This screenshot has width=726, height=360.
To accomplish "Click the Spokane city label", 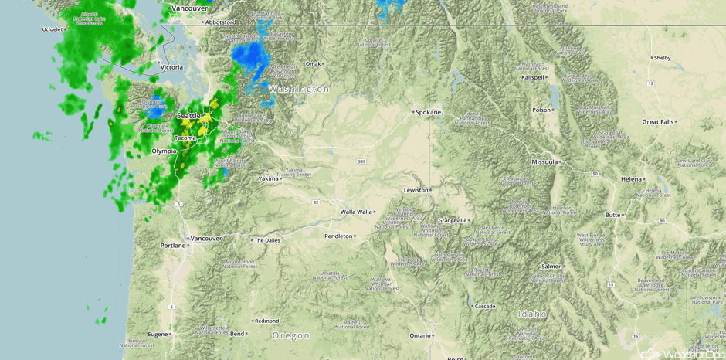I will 428,113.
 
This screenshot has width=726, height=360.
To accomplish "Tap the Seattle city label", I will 188,116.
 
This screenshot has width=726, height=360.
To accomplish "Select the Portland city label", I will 173,246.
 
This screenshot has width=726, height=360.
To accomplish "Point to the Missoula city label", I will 544,162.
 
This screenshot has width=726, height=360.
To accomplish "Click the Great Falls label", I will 658,122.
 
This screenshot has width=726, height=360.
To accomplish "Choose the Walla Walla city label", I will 357,212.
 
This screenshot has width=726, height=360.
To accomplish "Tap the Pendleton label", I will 338,236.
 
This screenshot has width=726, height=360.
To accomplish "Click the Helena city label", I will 631,179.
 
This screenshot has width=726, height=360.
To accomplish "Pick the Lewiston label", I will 416,190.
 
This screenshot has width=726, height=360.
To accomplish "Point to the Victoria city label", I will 171,68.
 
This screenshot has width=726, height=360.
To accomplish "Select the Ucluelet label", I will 53,30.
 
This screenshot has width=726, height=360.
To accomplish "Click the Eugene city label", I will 158,335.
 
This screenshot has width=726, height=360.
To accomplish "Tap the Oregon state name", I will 290,336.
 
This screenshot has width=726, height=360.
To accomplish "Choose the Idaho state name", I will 532,314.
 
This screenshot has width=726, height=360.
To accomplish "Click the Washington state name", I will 299,90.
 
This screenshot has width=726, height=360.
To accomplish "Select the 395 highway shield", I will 361,161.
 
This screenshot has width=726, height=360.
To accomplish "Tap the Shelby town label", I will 662,58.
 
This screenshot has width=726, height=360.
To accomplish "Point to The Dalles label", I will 267,240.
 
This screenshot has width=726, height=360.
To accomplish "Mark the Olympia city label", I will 164,151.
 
